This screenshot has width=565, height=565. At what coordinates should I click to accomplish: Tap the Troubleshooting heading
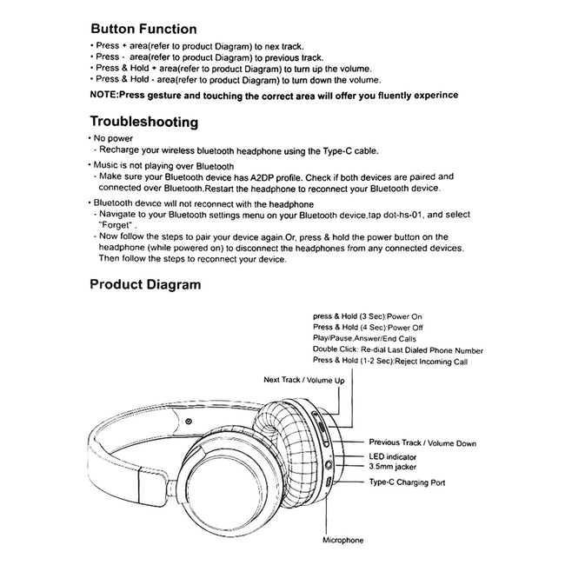[x=144, y=122]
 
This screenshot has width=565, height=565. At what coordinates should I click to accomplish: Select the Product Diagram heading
[x=145, y=284]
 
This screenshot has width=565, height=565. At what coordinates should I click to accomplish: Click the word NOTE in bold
[x=108, y=94]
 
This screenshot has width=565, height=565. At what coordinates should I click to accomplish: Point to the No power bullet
[x=113, y=138]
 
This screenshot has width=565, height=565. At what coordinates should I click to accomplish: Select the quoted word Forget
[x=117, y=224]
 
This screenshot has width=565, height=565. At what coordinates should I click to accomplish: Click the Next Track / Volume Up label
[x=304, y=381]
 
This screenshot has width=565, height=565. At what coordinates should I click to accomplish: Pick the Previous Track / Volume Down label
[x=422, y=443]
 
